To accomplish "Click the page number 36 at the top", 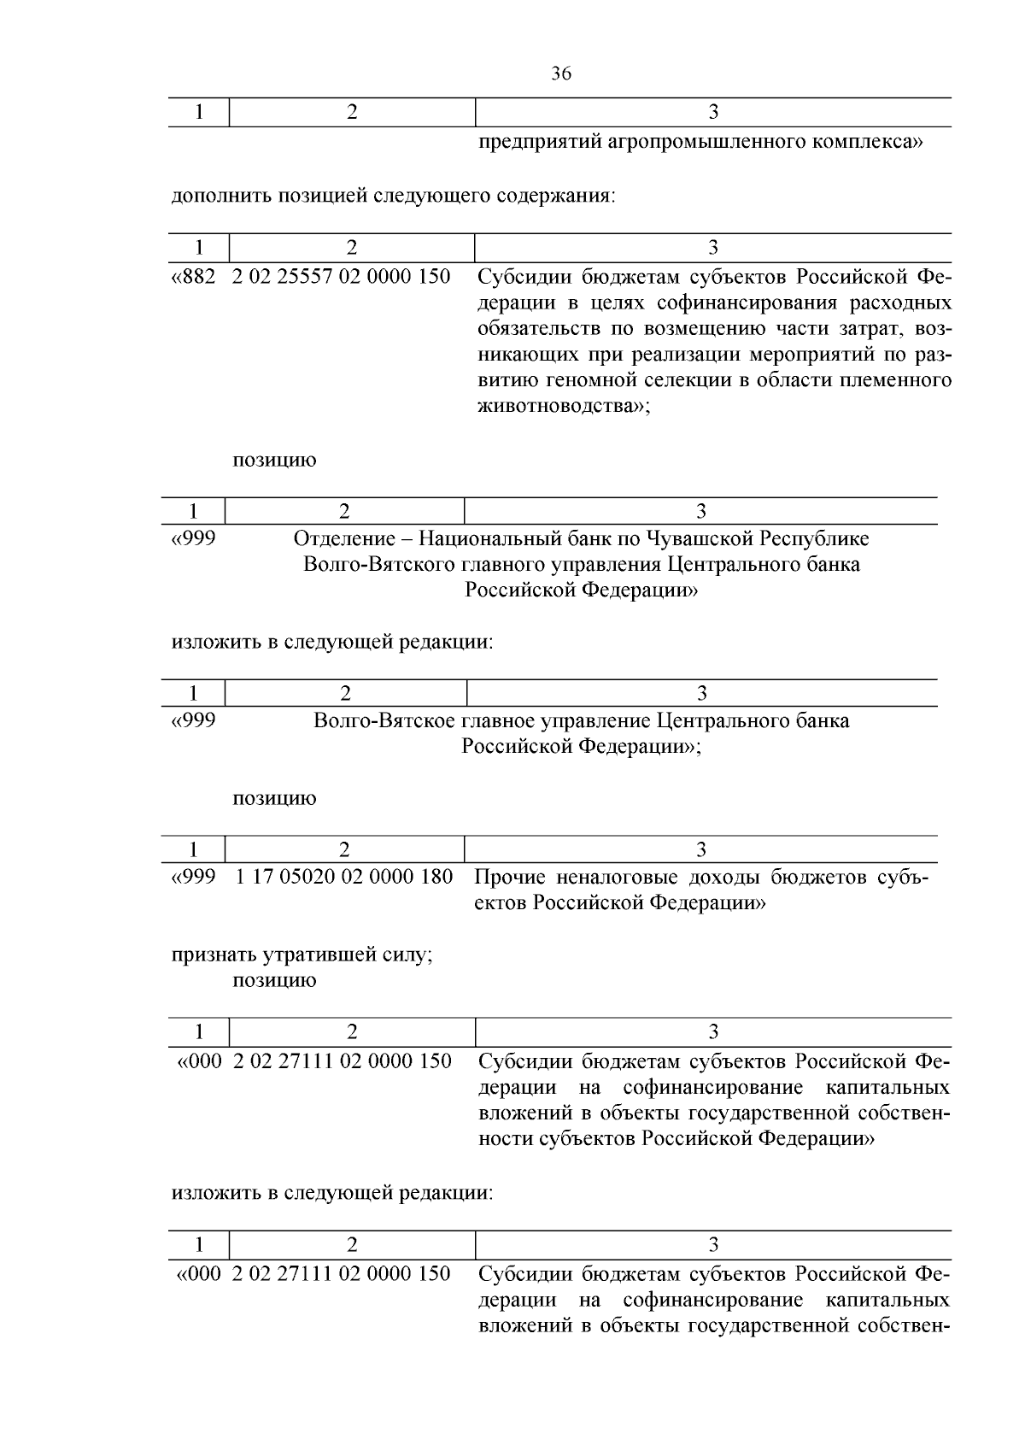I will coord(561,74).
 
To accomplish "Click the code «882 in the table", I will coord(194,277).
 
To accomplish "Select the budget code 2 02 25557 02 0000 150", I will coord(342,277).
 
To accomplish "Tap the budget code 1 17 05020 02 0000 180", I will coord(343,877).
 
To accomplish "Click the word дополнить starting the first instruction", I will coord(214,196).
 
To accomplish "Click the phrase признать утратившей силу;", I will coord(302,955).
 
